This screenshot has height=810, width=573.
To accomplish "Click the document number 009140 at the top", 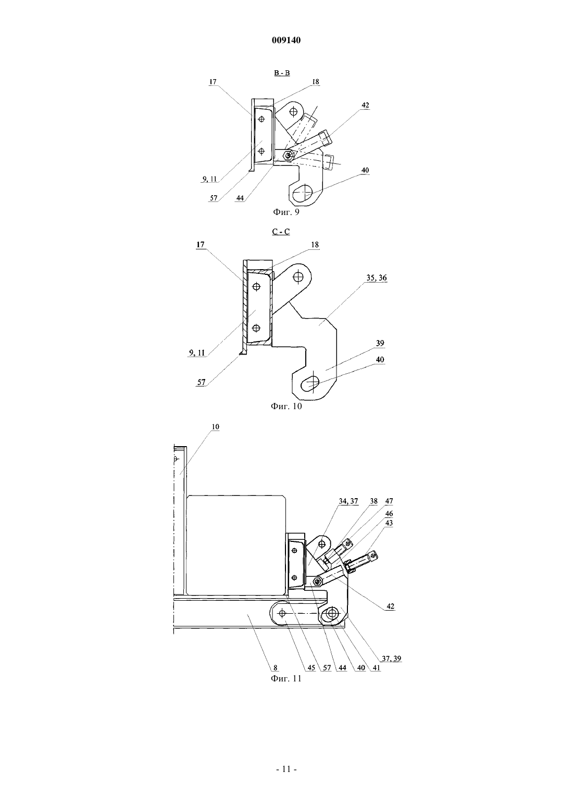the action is coord(286,40).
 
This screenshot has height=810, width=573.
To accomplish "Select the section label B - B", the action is coord(282,73).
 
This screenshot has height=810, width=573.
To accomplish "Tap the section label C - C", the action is coord(281,232).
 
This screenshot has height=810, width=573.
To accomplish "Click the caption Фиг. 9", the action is coord(286,212).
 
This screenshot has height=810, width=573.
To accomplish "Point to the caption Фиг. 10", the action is coord(286,406).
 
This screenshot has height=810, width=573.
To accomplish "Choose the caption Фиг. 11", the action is coord(286,678).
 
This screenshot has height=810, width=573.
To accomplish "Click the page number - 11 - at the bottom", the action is coord(286,769).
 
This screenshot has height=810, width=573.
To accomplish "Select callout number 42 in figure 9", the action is coord(365,105).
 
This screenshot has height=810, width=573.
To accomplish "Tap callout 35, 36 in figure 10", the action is coord(377,277).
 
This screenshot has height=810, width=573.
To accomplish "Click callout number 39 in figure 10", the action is coord(380,343).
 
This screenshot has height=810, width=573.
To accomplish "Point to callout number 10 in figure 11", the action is coord(215,427).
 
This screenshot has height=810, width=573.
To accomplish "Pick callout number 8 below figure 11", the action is coord(276,668).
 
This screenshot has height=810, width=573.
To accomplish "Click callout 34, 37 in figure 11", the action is coord(348,501).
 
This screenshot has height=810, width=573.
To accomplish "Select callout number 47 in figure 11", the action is coord(389,501).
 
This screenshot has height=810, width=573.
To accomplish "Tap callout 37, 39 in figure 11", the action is coord(391,659).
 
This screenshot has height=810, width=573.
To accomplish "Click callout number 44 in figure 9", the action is coord(240,198).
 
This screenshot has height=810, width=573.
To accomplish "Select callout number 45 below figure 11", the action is coord(311,668).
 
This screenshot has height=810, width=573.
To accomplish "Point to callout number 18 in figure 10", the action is coord(315,245).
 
